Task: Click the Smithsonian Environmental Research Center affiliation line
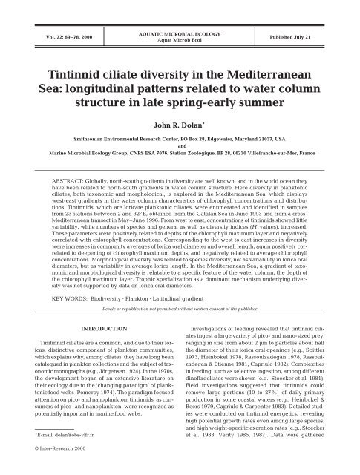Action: coord(180,139)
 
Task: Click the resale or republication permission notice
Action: coord(179,327)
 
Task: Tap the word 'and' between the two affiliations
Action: coord(180,149)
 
